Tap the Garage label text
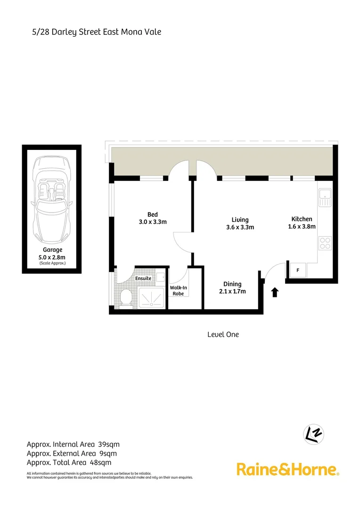point(52,250)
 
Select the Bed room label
point(152,215)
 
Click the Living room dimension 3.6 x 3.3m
point(240,227)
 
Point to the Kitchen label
point(302,219)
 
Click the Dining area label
point(232,284)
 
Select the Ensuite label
point(143,278)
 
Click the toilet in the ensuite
point(125,297)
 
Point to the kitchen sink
point(325,197)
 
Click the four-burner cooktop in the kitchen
point(325,243)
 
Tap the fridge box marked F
point(298,271)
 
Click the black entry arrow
point(275,293)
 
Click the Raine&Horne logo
point(287,469)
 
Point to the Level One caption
point(223,334)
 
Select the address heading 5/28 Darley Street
point(94,32)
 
